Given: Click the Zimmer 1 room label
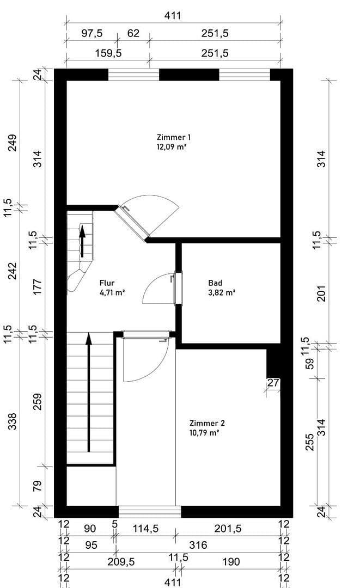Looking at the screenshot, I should pyautogui.click(x=173, y=137).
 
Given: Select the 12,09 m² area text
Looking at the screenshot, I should pyautogui.click(x=172, y=146).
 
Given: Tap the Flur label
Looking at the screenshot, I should pyautogui.click(x=107, y=283).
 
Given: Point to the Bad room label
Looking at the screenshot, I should pyautogui.click(x=215, y=283).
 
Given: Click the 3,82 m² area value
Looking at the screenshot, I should pyautogui.click(x=221, y=292).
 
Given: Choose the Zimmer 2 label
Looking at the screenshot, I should pyautogui.click(x=207, y=423).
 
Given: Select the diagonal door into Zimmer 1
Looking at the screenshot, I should pyautogui.click(x=133, y=222).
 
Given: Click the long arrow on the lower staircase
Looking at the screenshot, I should pyautogui.click(x=89, y=392).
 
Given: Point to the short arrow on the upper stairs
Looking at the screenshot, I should pyautogui.click(x=82, y=240).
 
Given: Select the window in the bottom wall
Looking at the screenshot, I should pyautogui.click(x=150, y=512).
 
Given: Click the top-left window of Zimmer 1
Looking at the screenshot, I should pyautogui.click(x=133, y=75).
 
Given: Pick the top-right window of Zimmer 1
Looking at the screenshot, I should pyautogui.click(x=245, y=75).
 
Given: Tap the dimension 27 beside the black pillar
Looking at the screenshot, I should pyautogui.click(x=273, y=383).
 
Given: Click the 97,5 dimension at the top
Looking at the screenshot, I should pyautogui.click(x=91, y=33).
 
